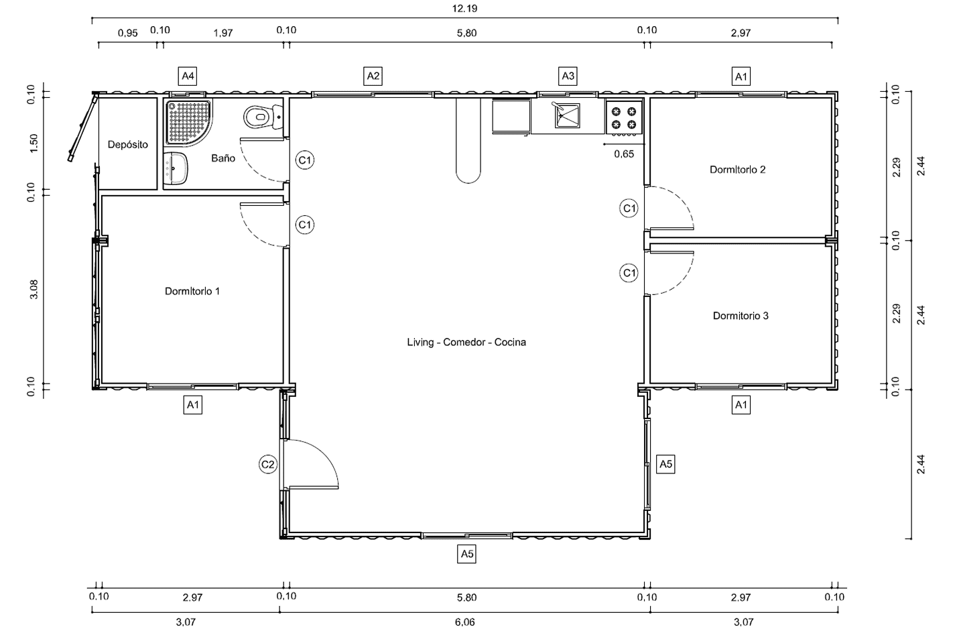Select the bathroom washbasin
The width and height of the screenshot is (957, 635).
click(x=176, y=168)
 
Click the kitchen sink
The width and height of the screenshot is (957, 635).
click(x=568, y=115)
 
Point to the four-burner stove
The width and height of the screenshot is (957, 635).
click(x=624, y=118)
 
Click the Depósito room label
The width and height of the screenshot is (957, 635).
click(x=128, y=145)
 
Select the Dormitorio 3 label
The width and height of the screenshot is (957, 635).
click(x=741, y=316)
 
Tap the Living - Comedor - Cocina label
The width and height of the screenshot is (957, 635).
click(x=466, y=342)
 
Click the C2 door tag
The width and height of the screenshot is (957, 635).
click(x=268, y=464)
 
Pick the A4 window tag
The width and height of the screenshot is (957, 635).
click(x=188, y=76)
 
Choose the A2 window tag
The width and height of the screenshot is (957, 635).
click(x=373, y=76)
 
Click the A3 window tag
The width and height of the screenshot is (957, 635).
click(x=568, y=76)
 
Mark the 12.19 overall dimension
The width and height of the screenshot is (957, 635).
click(x=465, y=9)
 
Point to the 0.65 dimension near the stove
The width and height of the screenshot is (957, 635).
click(x=624, y=154)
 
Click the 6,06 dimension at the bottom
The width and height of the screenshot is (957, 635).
click(x=465, y=622)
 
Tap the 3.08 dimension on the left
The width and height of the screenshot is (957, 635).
click(x=34, y=289)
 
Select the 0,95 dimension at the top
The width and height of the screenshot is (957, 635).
click(x=128, y=33)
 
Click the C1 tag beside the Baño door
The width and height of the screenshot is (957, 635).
click(x=305, y=160)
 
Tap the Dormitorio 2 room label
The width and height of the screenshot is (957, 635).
click(x=737, y=170)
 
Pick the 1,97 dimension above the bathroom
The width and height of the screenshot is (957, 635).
click(x=223, y=33)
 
